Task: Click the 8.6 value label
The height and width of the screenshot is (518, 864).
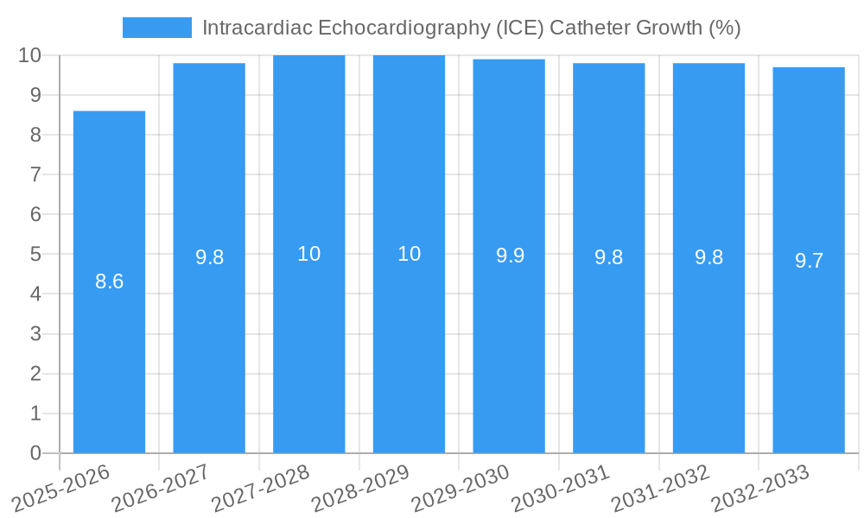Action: (x=109, y=281)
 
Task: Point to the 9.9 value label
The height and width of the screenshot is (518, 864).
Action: (x=510, y=256)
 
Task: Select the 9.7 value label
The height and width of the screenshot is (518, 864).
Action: (x=809, y=261)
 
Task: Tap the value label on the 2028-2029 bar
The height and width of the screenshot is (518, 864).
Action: (x=409, y=254)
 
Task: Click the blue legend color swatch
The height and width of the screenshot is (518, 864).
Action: (x=156, y=28)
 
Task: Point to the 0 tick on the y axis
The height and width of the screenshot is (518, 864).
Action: (x=35, y=453)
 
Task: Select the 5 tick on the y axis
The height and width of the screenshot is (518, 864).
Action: (x=35, y=255)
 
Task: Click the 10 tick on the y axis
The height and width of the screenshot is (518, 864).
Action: (x=30, y=55)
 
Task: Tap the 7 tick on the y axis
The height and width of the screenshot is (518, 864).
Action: (x=35, y=174)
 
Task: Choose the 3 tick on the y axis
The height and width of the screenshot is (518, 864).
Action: (x=35, y=334)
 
